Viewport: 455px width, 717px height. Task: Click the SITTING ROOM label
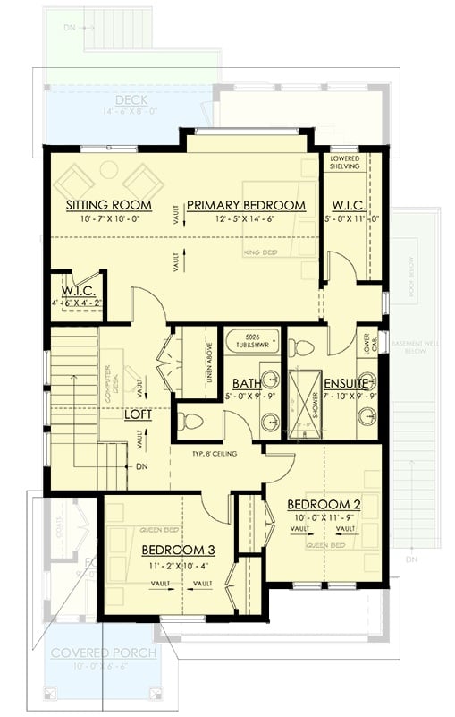click(109, 205)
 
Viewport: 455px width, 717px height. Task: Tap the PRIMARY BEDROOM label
click(246, 205)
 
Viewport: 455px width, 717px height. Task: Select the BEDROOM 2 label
click(324, 505)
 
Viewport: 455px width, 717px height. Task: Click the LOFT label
click(139, 416)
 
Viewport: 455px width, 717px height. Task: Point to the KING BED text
click(260, 253)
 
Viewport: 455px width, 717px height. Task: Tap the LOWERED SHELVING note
click(345, 162)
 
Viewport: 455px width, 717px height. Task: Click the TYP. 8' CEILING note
click(215, 455)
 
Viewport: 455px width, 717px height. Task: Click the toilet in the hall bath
click(190, 419)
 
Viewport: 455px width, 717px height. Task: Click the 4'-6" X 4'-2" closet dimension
click(80, 303)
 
